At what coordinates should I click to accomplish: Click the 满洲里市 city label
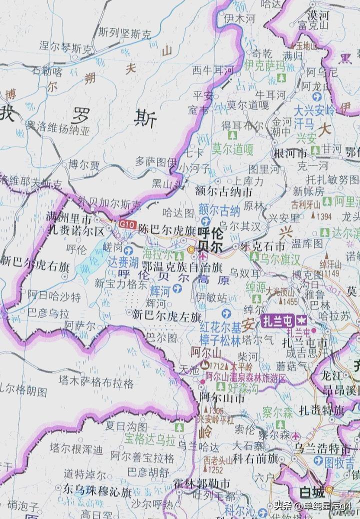click(68, 218)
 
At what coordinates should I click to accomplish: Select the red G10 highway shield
click(127, 225)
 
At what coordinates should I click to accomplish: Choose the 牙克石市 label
click(262, 246)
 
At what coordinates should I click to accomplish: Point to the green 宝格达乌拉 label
click(150, 440)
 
